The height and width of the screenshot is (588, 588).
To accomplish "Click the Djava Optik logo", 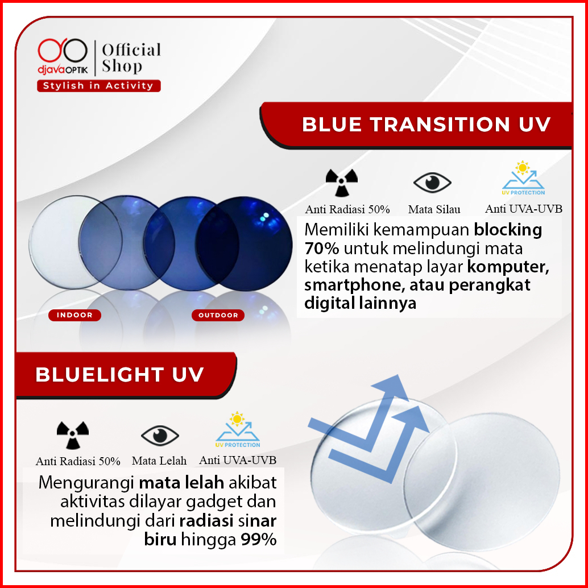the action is [x=63, y=56].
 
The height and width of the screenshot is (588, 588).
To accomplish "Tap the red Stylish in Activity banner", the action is [x=98, y=85].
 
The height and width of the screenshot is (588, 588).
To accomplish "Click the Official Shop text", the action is [x=131, y=58].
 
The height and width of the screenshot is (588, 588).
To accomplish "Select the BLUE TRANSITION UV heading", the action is [x=426, y=124].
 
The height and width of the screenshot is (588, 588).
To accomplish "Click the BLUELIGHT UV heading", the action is [x=119, y=374].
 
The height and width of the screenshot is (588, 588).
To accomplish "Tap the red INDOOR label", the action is [x=74, y=315].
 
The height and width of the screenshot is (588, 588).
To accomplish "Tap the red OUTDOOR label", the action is [x=218, y=315].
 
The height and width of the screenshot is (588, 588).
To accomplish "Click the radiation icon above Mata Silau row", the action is [x=342, y=183].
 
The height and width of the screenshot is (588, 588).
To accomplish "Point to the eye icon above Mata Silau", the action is [x=432, y=183].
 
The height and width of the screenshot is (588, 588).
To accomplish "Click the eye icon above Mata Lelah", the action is [x=160, y=436].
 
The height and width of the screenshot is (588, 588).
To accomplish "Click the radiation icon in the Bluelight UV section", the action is [x=73, y=435].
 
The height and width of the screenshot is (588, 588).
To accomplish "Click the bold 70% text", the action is [x=321, y=249].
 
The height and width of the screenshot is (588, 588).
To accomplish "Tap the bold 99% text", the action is [x=258, y=540].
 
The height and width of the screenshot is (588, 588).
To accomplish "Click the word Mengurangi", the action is [x=86, y=483].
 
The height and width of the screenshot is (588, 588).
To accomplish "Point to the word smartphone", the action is [x=354, y=285].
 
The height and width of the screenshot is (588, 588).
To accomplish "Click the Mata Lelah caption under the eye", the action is [x=159, y=461].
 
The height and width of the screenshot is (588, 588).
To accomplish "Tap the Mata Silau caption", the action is [x=434, y=209].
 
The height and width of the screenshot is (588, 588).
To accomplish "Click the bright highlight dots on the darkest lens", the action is [x=265, y=216].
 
